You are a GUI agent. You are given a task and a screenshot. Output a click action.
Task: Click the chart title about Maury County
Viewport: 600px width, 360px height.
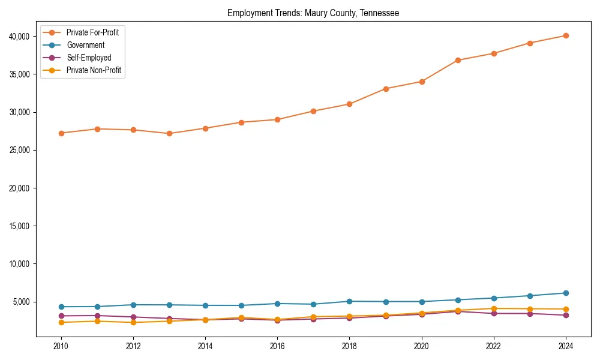pos(313,13)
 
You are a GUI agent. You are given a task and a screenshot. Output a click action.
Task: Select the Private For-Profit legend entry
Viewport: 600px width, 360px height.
pos(92,32)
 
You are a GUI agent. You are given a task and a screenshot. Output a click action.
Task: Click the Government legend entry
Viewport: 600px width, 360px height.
pos(85,45)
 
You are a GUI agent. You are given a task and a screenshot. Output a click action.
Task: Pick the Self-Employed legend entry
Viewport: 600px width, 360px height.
pos(89,58)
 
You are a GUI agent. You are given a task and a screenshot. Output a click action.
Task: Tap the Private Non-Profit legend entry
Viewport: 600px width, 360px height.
pos(94,70)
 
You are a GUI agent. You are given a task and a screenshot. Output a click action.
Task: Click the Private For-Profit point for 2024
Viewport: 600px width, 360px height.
pos(566,35)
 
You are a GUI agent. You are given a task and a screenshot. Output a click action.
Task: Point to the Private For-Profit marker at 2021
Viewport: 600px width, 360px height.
pos(458,60)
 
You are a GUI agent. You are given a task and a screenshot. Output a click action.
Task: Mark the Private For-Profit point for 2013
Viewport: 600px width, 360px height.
pos(169,133)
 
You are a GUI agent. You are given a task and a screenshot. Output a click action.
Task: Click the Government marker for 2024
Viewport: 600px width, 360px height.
pos(566,293)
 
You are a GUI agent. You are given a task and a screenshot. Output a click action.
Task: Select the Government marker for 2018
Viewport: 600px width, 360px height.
pos(350,301)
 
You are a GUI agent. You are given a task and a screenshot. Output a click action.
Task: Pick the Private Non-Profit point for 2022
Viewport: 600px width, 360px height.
pos(494,308)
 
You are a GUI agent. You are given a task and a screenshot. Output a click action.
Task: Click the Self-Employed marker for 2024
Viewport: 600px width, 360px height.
pos(566,315)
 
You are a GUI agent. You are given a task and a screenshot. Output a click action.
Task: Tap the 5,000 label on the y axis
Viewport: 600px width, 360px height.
pos(23,302)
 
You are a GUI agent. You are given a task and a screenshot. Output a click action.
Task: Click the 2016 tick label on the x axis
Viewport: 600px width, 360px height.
pos(277,346)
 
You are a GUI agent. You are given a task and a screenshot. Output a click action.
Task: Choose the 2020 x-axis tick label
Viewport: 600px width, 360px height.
pos(422,346)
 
